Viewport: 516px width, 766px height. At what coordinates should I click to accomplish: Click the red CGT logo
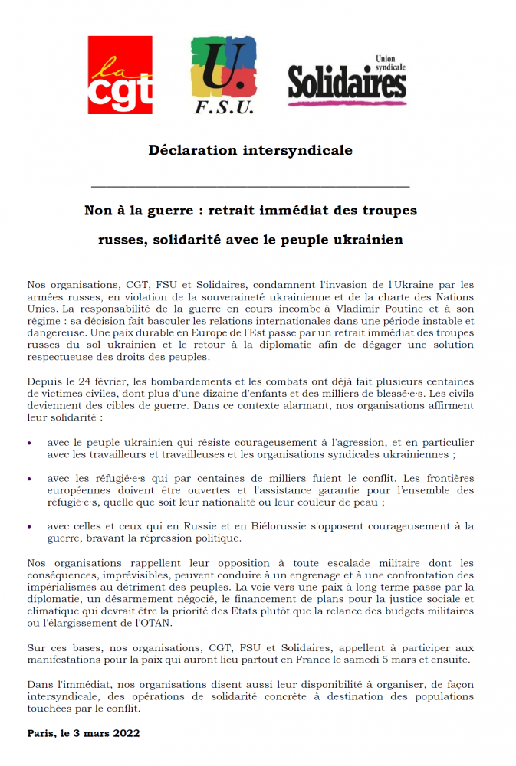tap(120, 74)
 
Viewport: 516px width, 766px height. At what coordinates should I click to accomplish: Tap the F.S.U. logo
tap(223, 74)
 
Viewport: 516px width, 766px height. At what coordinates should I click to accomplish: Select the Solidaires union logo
tap(347, 80)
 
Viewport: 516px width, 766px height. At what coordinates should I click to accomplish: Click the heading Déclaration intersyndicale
tap(250, 150)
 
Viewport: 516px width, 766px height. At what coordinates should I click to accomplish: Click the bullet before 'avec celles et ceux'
tap(30, 526)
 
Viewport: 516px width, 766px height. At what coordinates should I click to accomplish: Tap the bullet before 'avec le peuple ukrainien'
tap(30, 443)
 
